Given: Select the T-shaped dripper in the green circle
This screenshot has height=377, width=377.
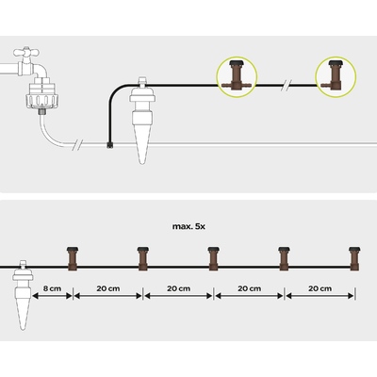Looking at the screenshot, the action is click(x=237, y=75).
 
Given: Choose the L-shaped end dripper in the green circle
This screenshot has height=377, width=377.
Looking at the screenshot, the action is click(x=334, y=75).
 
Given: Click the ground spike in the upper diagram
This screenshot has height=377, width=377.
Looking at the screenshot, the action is click(x=142, y=120).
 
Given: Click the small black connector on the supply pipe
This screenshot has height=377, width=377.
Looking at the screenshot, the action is click(x=109, y=144).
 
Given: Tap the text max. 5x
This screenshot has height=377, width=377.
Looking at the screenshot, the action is click(x=188, y=226).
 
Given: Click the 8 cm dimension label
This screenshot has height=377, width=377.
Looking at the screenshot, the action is click(x=53, y=288).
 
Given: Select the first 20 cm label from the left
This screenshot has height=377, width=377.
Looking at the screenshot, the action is click(x=108, y=288).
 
